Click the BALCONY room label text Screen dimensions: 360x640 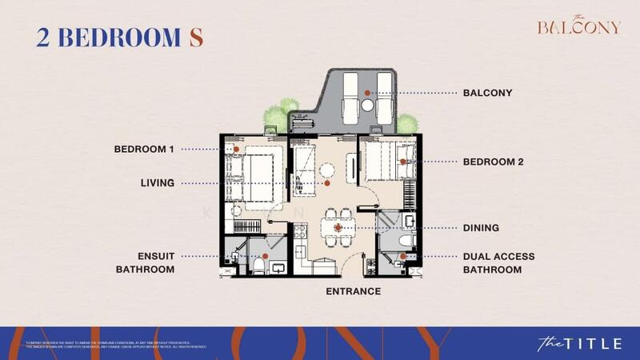[x=487, y=93]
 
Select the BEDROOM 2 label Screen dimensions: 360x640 [x=493, y=162]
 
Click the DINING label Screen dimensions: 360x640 [x=481, y=228]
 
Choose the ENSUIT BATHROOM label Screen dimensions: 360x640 [x=144, y=263]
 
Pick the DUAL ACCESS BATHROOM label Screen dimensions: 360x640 [x=498, y=263]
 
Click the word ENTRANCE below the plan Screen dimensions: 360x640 [x=353, y=291]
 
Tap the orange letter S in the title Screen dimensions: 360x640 [x=194, y=37]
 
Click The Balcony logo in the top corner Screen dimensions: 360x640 [x=578, y=26]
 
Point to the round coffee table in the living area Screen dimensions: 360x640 [x=328, y=170]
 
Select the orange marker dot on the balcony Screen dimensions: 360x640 [x=368, y=94]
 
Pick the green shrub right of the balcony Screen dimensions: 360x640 [x=407, y=123]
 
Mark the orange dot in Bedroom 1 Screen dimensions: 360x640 [x=237, y=149]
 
